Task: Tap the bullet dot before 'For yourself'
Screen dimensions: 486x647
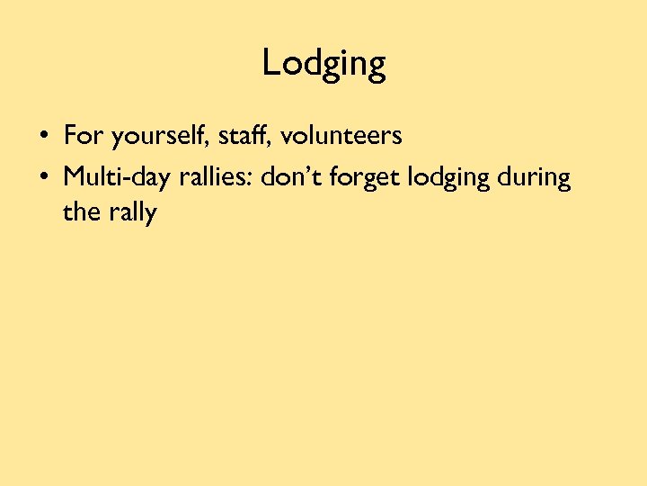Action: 43,138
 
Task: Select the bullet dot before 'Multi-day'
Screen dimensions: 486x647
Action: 43,177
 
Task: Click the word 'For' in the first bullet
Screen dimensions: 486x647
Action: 82,136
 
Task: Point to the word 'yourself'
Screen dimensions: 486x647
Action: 153,137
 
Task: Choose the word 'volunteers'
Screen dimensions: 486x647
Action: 341,136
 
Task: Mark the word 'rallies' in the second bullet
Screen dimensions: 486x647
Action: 215,176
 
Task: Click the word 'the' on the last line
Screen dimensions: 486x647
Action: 79,213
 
